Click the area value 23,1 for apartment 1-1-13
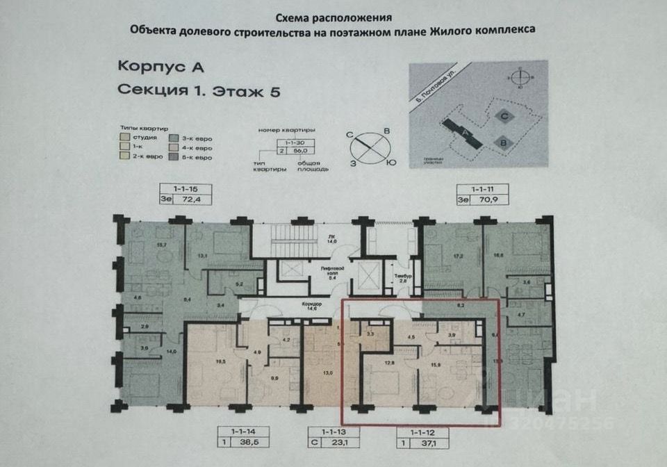[339, 442]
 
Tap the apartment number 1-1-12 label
[423, 432]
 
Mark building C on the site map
[506, 117]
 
